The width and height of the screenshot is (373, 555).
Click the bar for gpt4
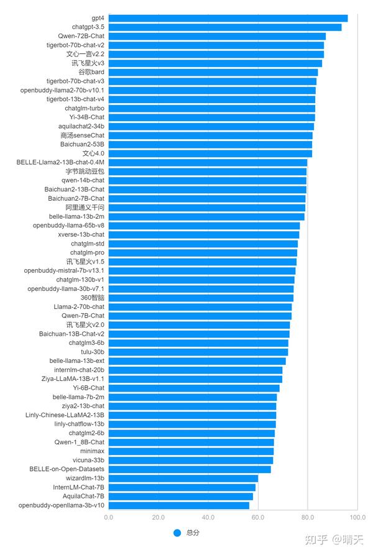[x=228, y=18]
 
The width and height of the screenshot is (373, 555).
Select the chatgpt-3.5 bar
[x=225, y=27]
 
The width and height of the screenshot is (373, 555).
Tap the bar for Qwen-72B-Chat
[x=217, y=36]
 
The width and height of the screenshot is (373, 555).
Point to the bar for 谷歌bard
[x=213, y=72]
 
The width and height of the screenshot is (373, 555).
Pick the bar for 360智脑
[x=201, y=298]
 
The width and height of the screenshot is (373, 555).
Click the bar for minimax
[x=191, y=451]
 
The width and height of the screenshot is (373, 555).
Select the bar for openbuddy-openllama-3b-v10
[x=179, y=505]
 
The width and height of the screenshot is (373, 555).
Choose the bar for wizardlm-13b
[x=183, y=479]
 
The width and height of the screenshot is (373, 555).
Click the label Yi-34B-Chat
[x=88, y=117]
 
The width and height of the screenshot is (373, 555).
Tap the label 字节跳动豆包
[x=85, y=171]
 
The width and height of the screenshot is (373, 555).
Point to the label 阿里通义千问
[x=85, y=207]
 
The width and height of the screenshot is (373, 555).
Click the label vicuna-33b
[x=88, y=461]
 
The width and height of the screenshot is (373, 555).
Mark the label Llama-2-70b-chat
[x=79, y=306]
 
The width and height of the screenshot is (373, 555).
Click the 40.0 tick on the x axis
[x=208, y=517]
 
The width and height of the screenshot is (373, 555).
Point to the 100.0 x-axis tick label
[x=357, y=517]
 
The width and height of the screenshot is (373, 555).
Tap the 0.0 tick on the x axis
[x=109, y=517]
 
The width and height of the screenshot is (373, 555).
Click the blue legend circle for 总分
[x=177, y=533]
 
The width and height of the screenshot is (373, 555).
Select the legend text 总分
[x=193, y=533]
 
